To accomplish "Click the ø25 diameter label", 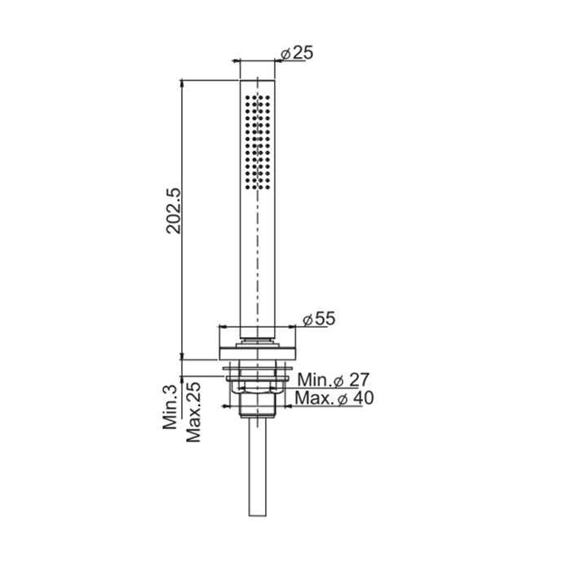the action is pyautogui.click(x=297, y=53).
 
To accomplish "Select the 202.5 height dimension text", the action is pyautogui.click(x=173, y=210).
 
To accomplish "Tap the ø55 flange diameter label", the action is pyautogui.click(x=319, y=319).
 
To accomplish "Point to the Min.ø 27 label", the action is pyautogui.click(x=333, y=380).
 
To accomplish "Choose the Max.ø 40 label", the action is pyautogui.click(x=334, y=398).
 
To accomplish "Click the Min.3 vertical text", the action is pyautogui.click(x=170, y=407).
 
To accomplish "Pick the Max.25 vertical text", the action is pyautogui.click(x=193, y=412).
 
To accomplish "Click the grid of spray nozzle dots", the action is pyautogui.click(x=258, y=143).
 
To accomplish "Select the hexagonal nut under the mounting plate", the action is pyautogui.click(x=258, y=405).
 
